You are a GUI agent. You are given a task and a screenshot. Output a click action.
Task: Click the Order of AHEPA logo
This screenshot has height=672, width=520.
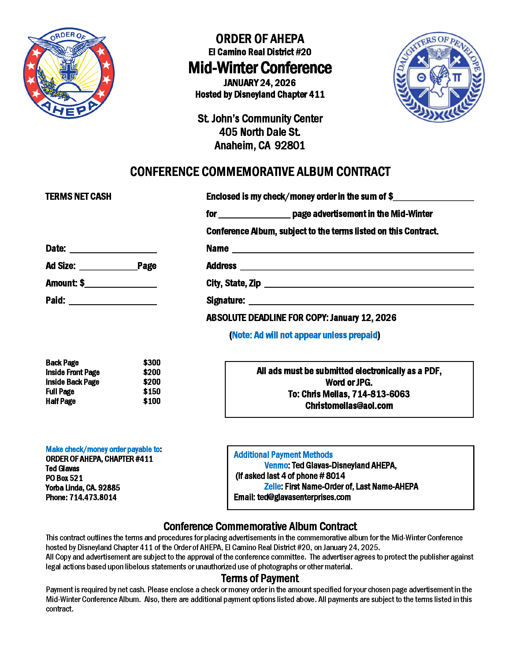coord(69,73)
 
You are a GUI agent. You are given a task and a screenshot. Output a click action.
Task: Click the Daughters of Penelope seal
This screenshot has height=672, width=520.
coord(439,77)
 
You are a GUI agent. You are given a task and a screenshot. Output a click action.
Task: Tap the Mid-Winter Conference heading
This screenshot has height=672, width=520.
coord(260,68)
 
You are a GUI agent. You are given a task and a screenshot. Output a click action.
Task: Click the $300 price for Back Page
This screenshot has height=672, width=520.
coord(151,363)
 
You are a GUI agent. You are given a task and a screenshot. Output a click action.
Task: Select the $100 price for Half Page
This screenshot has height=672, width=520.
coord(151,401)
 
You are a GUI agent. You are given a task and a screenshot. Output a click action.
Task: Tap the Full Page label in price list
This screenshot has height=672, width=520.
coord(60,391)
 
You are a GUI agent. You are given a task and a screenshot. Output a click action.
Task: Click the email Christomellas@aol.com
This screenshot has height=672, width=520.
coord(349,406)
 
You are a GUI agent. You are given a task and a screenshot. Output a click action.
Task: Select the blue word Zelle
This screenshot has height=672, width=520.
coord(272,486)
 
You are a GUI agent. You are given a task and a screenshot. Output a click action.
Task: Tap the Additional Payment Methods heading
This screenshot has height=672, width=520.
coord(283,455)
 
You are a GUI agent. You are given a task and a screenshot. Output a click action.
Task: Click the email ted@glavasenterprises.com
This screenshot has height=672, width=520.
coord(304,497)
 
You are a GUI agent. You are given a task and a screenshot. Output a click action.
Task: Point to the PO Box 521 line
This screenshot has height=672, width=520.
coord(64,478)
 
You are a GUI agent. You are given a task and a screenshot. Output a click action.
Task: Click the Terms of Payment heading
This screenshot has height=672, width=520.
coord(260,579)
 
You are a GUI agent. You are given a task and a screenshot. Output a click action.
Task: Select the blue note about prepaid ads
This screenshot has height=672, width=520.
coord(305,335)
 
